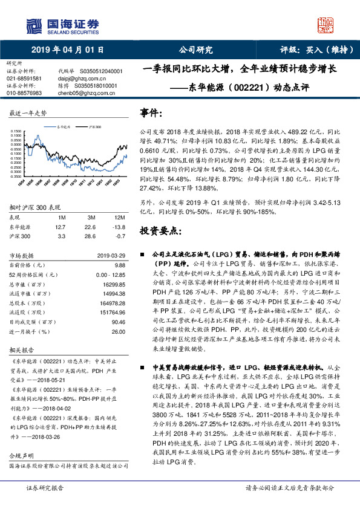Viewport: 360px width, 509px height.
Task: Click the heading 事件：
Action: click(151, 113)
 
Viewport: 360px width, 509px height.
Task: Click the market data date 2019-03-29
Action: click(112, 255)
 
